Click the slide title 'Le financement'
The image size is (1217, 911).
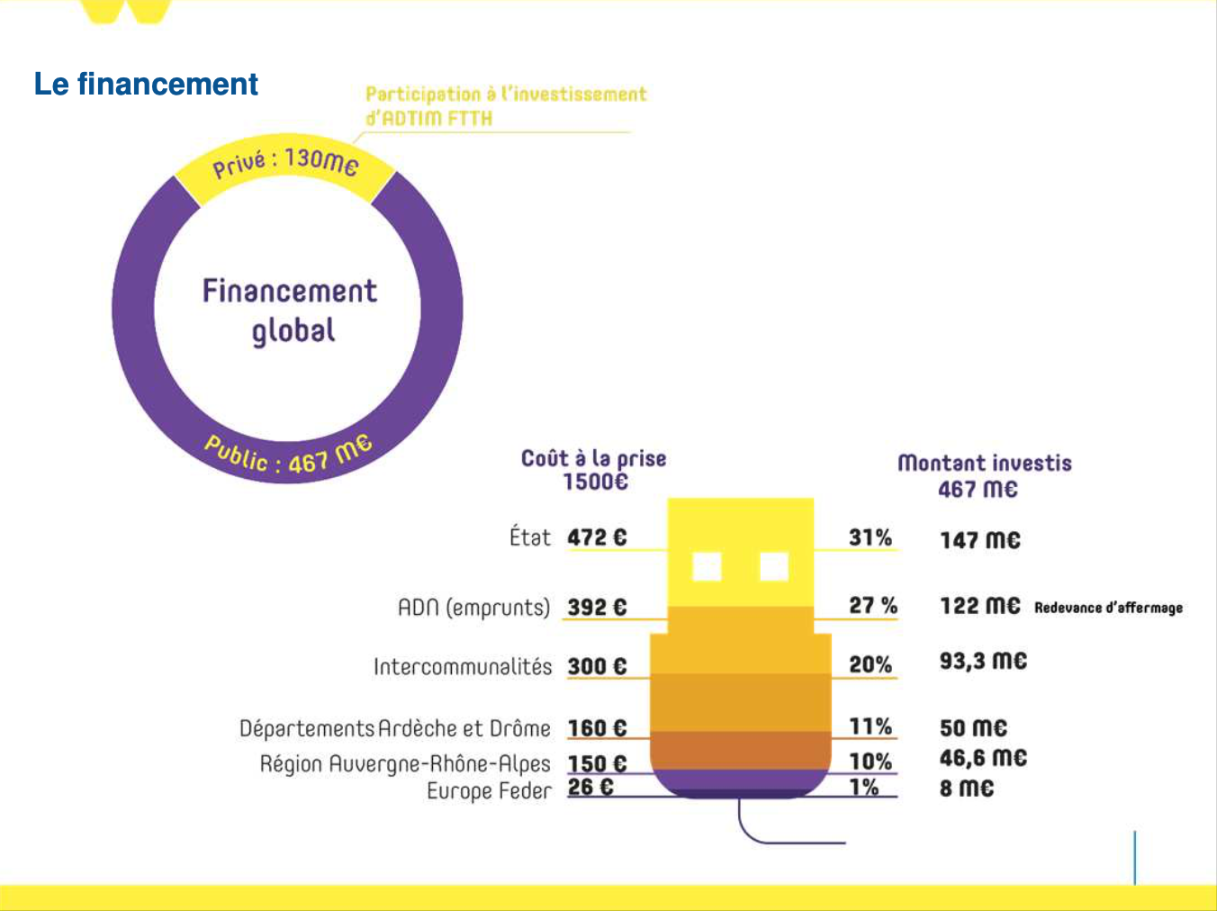click(x=146, y=84)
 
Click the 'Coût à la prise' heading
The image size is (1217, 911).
click(x=594, y=459)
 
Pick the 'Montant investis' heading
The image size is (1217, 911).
click(x=985, y=464)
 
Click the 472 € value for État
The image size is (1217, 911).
click(x=597, y=537)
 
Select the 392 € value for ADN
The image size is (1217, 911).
click(x=597, y=607)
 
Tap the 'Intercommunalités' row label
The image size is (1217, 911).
click(x=463, y=667)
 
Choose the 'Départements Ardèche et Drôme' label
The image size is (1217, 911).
click(x=394, y=728)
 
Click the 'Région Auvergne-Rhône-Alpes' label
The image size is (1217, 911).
click(x=405, y=763)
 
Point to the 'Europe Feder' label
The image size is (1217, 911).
click(x=489, y=790)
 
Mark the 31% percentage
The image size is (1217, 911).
click(x=870, y=537)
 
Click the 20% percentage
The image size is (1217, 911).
click(x=870, y=664)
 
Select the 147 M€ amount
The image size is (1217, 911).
click(x=980, y=540)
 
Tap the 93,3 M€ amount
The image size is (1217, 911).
click(x=983, y=661)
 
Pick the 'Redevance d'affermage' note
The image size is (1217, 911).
click(x=1108, y=608)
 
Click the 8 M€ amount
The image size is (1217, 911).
click(x=967, y=788)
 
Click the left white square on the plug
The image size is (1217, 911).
click(x=707, y=567)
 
